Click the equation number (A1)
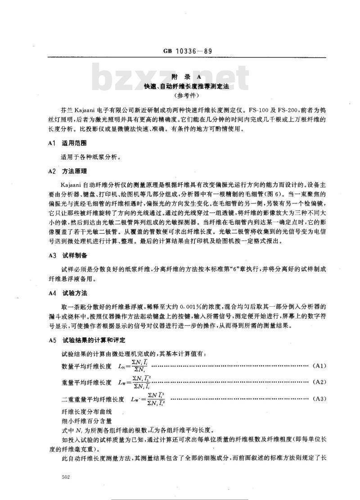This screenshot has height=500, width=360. point(319,366)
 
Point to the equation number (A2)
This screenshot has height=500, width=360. point(319,382)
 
